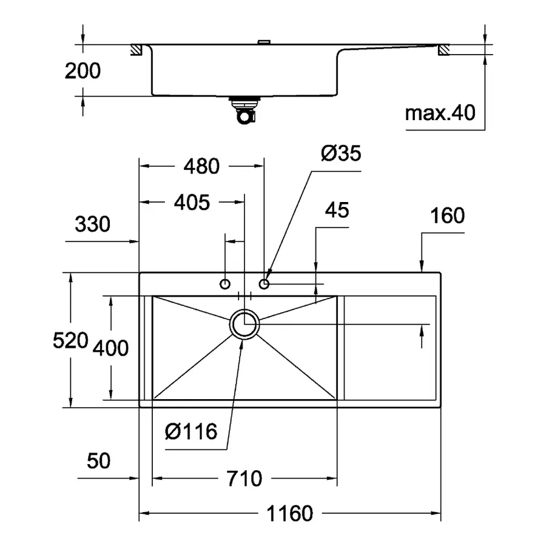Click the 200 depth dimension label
pos(83,71)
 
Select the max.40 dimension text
pos(440,113)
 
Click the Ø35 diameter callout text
pos(340,153)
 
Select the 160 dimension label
pos(447,215)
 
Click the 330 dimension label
pos(92,224)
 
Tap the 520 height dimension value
pos(70,340)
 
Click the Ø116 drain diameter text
pos(191,431)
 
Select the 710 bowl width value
pos(244,479)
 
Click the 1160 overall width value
pos(290,514)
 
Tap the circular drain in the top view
pos(244,325)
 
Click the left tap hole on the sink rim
pos(225,284)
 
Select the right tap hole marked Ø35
pos(264,284)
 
